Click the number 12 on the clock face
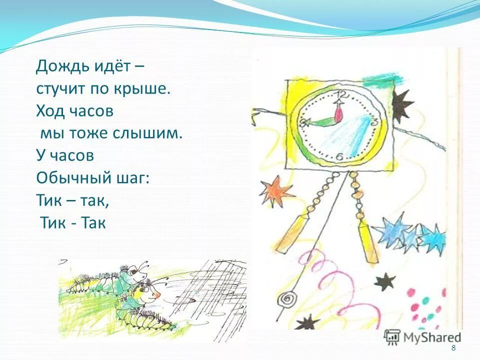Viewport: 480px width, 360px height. click(x=342, y=94)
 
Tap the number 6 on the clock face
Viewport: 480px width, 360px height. click(x=339, y=157)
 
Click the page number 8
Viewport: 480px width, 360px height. click(x=453, y=348)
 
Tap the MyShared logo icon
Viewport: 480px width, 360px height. click(x=392, y=336)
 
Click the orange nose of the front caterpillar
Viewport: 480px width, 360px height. click(x=157, y=295)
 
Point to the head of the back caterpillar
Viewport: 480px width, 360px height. click(x=137, y=272)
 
